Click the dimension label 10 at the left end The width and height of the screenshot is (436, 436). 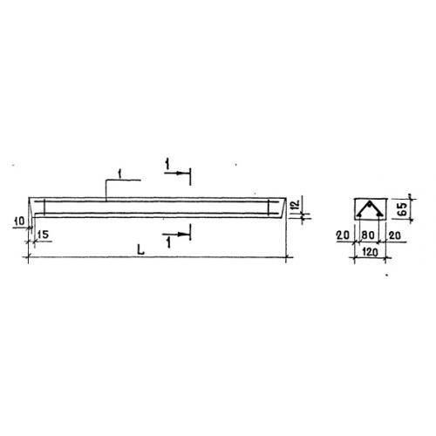(20, 221)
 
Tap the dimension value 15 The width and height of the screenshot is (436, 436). (43, 235)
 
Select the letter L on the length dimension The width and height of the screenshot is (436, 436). (141, 249)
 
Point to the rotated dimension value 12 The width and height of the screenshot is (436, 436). (295, 204)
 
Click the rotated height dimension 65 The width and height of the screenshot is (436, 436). (403, 208)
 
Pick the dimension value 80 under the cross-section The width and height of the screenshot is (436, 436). (368, 235)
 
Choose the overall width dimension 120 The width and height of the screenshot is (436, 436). (370, 252)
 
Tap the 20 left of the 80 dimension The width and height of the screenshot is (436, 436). (343, 235)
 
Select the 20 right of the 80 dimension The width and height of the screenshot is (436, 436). (395, 235)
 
